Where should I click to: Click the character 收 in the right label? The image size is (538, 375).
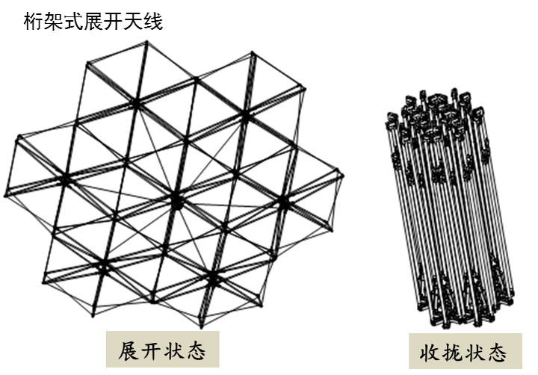point(424,352)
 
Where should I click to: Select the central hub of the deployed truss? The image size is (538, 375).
point(176,202)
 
